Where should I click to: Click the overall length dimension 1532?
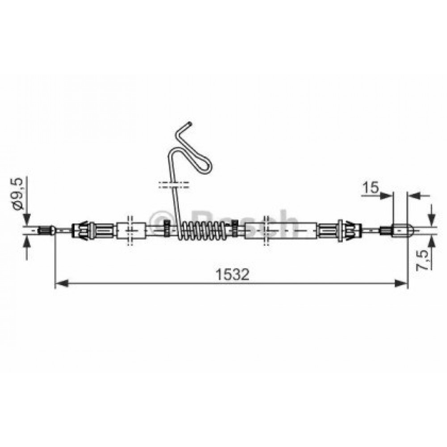(232, 274)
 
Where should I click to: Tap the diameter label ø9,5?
(17, 194)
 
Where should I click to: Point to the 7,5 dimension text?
(422, 260)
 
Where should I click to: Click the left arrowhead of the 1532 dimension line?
(62, 283)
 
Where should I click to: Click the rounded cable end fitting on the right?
(402, 230)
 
